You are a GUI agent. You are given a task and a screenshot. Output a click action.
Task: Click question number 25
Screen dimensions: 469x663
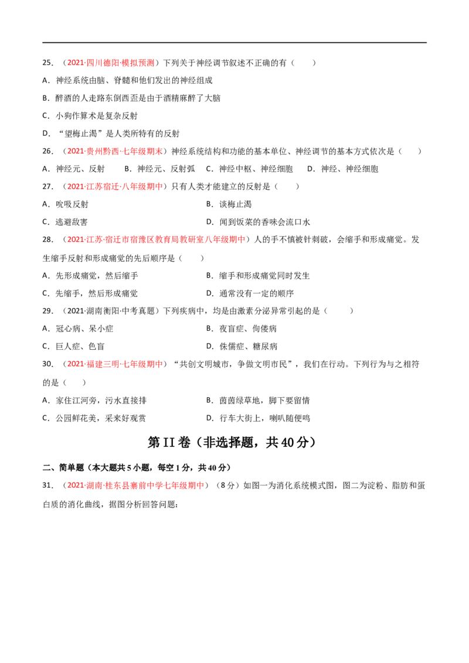point(48,63)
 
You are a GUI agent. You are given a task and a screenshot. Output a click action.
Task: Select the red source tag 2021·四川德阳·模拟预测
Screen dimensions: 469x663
point(111,63)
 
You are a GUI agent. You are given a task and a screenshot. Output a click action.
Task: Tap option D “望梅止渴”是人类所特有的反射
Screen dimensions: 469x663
point(111,134)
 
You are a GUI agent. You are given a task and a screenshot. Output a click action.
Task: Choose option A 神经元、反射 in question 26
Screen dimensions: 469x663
point(74,169)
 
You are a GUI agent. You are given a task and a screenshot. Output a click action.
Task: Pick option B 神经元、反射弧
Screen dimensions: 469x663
point(160,169)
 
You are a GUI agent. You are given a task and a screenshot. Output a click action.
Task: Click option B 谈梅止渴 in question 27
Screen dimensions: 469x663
point(229,204)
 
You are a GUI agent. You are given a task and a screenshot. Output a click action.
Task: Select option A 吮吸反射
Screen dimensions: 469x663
point(66,204)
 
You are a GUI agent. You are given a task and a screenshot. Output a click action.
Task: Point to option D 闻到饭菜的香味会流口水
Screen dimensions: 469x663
point(258,222)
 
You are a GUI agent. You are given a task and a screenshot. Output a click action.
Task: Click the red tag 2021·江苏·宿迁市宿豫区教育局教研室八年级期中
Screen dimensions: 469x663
point(157,240)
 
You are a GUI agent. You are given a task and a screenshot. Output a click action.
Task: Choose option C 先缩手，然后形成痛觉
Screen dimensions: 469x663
point(90,293)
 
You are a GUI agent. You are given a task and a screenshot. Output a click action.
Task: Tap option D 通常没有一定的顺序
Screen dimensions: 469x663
point(250,293)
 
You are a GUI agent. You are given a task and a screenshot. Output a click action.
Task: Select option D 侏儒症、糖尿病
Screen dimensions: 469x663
point(242,347)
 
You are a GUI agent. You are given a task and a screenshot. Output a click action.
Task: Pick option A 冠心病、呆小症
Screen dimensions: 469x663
point(78,329)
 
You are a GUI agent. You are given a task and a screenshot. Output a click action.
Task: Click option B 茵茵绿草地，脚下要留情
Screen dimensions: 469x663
point(258,401)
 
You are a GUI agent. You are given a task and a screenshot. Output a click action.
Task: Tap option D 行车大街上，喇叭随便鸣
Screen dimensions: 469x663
point(258,418)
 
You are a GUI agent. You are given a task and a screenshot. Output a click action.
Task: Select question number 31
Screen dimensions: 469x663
point(48,486)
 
